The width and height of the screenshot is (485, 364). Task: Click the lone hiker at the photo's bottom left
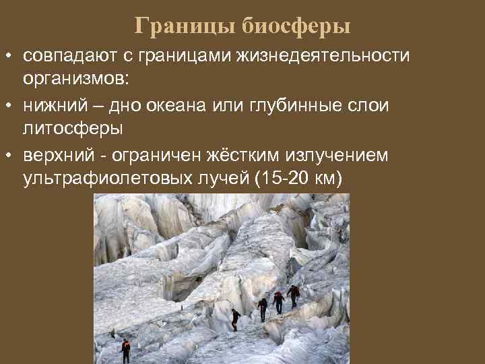125,350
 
